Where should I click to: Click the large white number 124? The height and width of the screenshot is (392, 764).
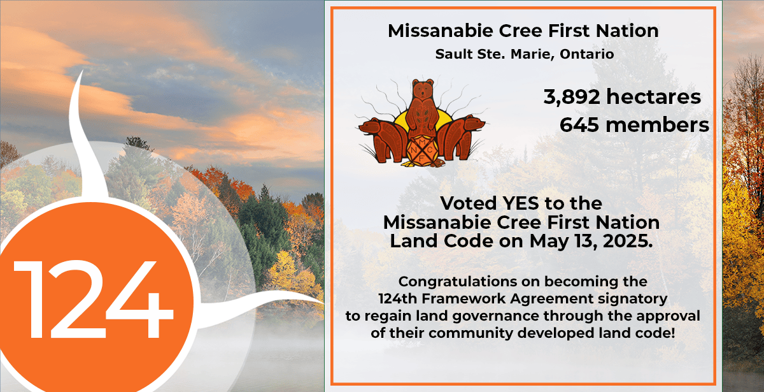point(93,299)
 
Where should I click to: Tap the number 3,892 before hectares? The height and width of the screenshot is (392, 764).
point(571,97)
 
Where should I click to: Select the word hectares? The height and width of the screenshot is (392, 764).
point(653,97)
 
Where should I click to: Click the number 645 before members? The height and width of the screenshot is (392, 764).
point(579,125)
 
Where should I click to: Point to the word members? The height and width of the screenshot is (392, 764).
point(657,125)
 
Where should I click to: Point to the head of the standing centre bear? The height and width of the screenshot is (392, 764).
point(423,88)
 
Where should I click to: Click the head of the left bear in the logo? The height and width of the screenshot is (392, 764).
point(369,126)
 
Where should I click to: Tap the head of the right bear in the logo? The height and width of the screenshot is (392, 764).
point(474,123)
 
